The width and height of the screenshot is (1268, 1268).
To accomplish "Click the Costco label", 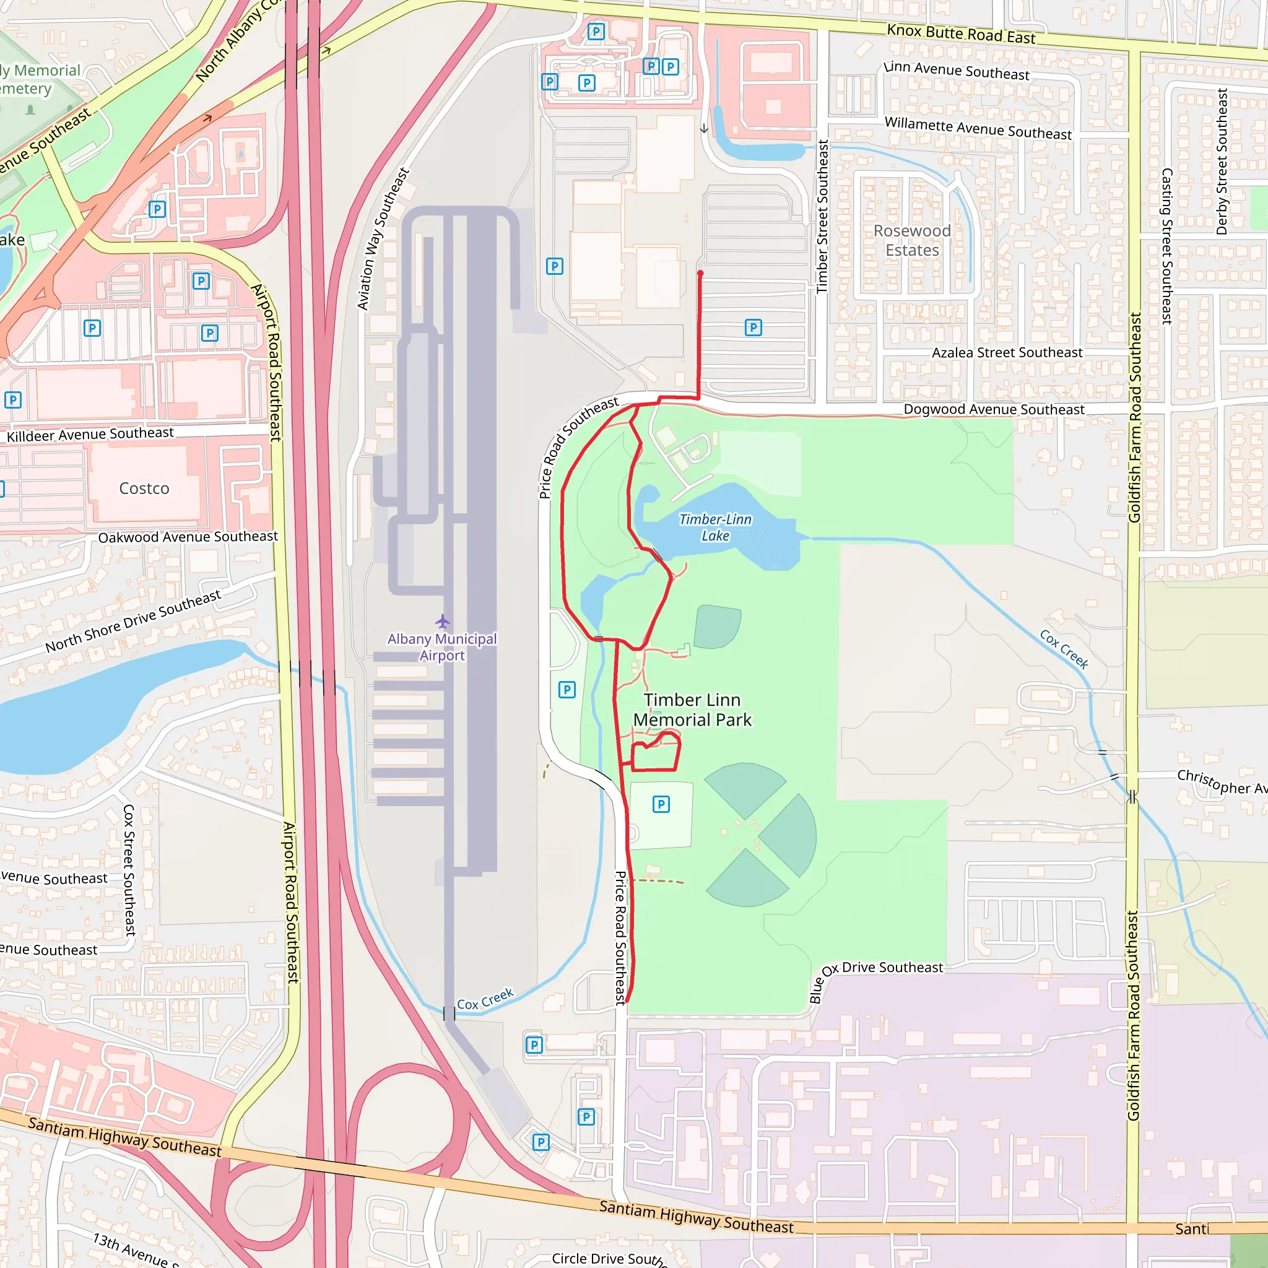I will [144, 489].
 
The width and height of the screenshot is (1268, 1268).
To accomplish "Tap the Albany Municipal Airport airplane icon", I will [442, 621].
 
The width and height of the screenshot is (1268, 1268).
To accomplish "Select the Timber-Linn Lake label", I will [714, 528].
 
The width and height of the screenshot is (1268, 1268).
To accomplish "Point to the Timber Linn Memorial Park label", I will [692, 710].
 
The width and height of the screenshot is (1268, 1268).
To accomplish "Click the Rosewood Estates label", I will [911, 241].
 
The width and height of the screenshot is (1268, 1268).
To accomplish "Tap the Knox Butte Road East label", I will [961, 34].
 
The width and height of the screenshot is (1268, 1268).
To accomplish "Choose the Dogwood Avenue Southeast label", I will [994, 409].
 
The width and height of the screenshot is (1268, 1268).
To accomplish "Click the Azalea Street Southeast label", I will [1007, 353].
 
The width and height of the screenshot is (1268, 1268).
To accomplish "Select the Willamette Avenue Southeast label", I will [978, 128].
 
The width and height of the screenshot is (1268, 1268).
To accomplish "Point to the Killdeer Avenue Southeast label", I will [90, 435].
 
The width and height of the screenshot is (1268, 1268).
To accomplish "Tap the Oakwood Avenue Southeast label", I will [188, 537].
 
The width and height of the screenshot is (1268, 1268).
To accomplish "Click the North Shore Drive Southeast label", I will [133, 621].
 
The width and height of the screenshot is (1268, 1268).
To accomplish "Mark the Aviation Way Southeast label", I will [383, 239].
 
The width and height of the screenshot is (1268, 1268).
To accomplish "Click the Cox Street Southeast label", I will [129, 871].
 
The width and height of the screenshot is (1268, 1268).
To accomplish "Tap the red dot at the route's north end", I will [700, 273].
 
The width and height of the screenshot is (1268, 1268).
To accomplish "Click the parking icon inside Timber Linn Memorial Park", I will [661, 804].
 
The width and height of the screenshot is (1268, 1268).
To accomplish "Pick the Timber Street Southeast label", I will [822, 217].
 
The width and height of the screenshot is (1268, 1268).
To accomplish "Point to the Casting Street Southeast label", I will [1167, 246].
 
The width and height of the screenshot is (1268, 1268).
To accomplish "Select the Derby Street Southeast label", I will [1222, 162].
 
